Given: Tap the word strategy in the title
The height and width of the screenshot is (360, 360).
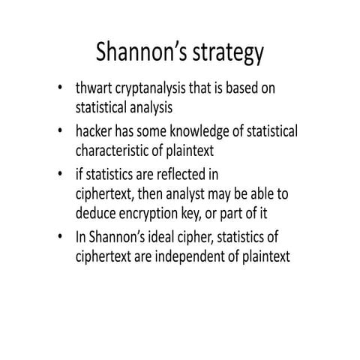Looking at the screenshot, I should [x=227, y=54].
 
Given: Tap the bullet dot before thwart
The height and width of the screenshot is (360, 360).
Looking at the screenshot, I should [x=59, y=89].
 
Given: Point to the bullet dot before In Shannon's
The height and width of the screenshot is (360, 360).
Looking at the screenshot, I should [x=59, y=238].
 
